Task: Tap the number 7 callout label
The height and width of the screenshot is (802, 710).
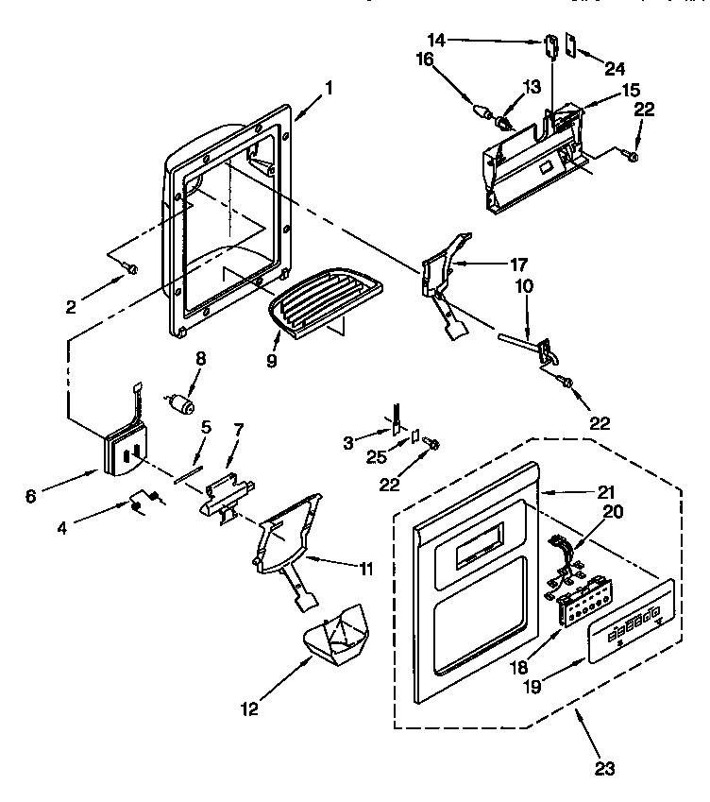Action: tap(238, 430)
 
